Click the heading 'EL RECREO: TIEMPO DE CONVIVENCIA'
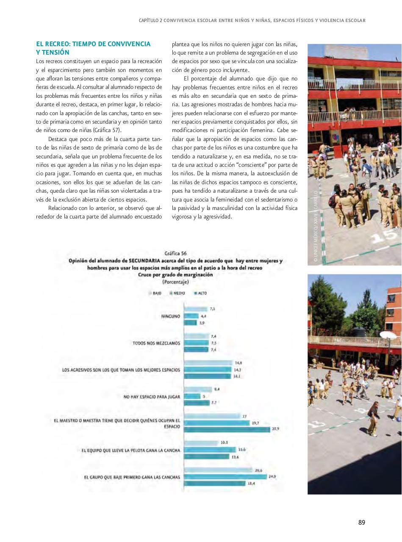93,44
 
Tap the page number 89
361,522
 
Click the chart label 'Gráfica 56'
175,253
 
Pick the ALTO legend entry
200,293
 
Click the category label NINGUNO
170,316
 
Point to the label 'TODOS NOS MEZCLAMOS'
156,343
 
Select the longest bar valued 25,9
227,429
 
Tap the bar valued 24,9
225,477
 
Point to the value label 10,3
224,442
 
